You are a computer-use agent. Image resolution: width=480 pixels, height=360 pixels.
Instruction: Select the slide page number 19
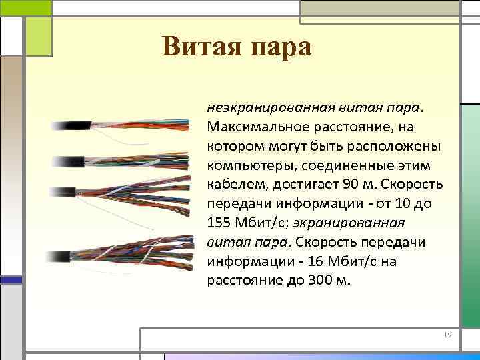(x=447, y=334)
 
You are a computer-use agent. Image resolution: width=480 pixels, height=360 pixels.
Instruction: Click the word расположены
(x=374, y=145)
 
